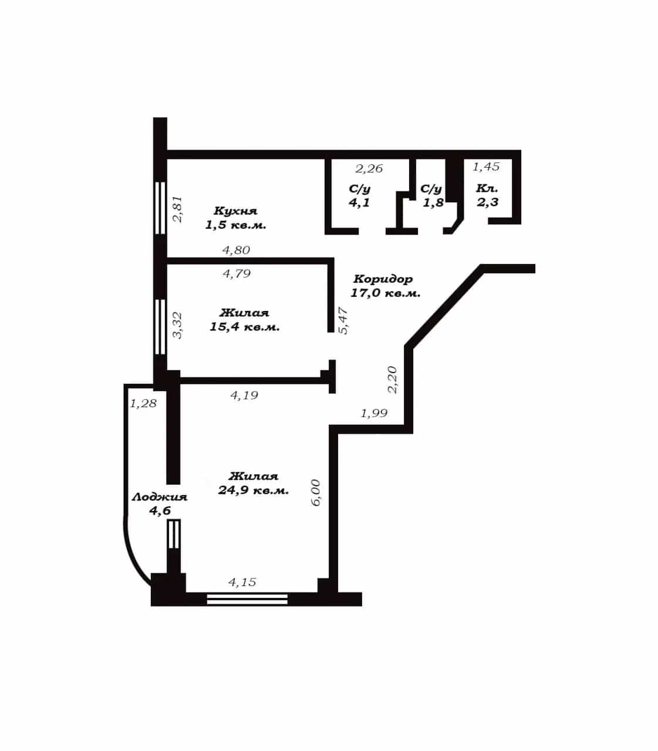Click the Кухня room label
click(x=235, y=211)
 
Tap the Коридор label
click(x=383, y=279)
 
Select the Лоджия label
click(x=160, y=498)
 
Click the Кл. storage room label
click(x=487, y=189)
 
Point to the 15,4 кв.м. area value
click(x=245, y=327)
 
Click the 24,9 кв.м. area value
click(x=254, y=490)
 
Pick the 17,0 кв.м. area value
click(x=385, y=293)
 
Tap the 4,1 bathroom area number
click(x=359, y=202)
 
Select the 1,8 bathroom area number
click(x=433, y=202)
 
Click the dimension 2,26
click(x=369, y=169)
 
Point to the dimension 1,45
click(x=486, y=167)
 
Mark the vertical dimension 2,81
click(x=178, y=209)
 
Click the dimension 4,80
click(x=236, y=251)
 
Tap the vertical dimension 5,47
click(x=343, y=320)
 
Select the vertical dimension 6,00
click(x=316, y=493)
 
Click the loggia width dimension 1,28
click(x=143, y=404)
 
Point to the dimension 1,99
click(x=374, y=414)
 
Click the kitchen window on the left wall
click(x=160, y=208)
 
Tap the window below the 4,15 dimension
click(x=247, y=600)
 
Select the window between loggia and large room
click(x=174, y=534)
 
